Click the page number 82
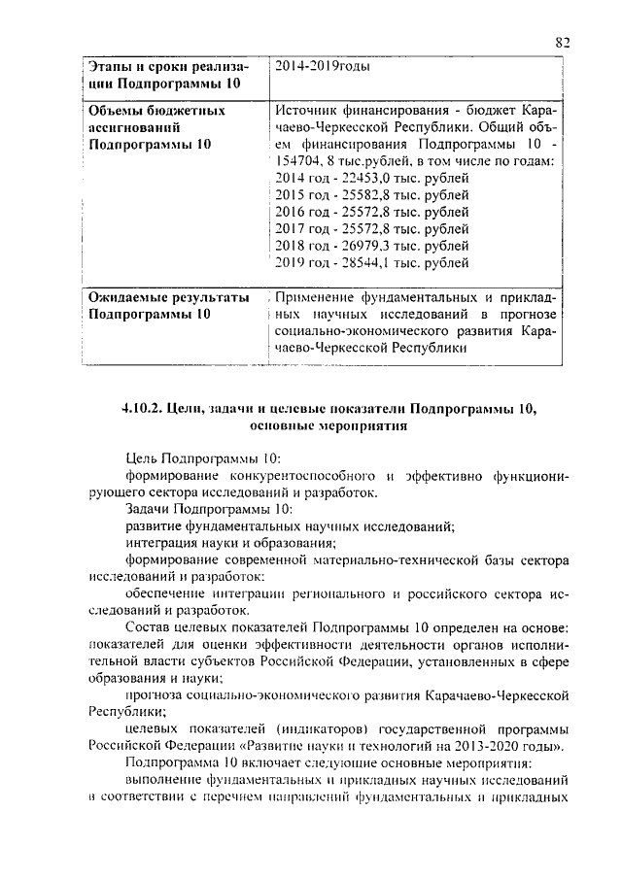(561, 41)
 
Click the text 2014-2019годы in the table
(323, 67)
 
